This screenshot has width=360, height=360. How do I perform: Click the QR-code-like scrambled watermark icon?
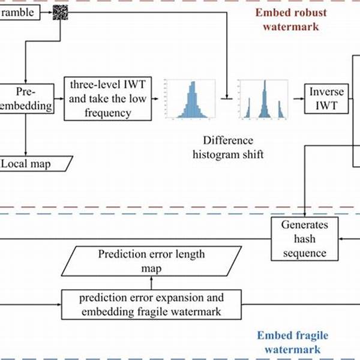(61, 12)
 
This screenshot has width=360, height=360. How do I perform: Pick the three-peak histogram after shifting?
(262, 99)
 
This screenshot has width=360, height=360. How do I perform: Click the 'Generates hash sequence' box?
(305, 238)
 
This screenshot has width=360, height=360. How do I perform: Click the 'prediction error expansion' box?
(151, 304)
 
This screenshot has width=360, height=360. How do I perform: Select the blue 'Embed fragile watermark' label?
(292, 343)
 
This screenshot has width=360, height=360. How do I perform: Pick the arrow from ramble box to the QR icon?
(46, 12)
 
